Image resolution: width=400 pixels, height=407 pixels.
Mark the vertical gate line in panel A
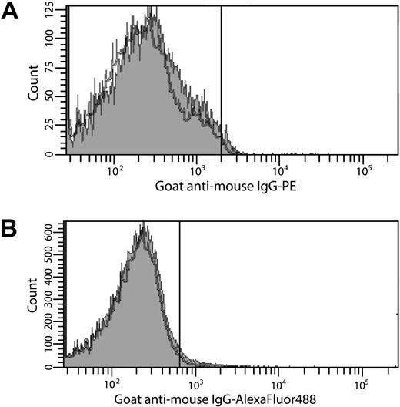point(222,77)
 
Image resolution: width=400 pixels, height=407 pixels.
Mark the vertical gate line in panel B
point(179,293)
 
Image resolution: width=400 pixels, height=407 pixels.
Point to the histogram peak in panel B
point(143,225)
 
